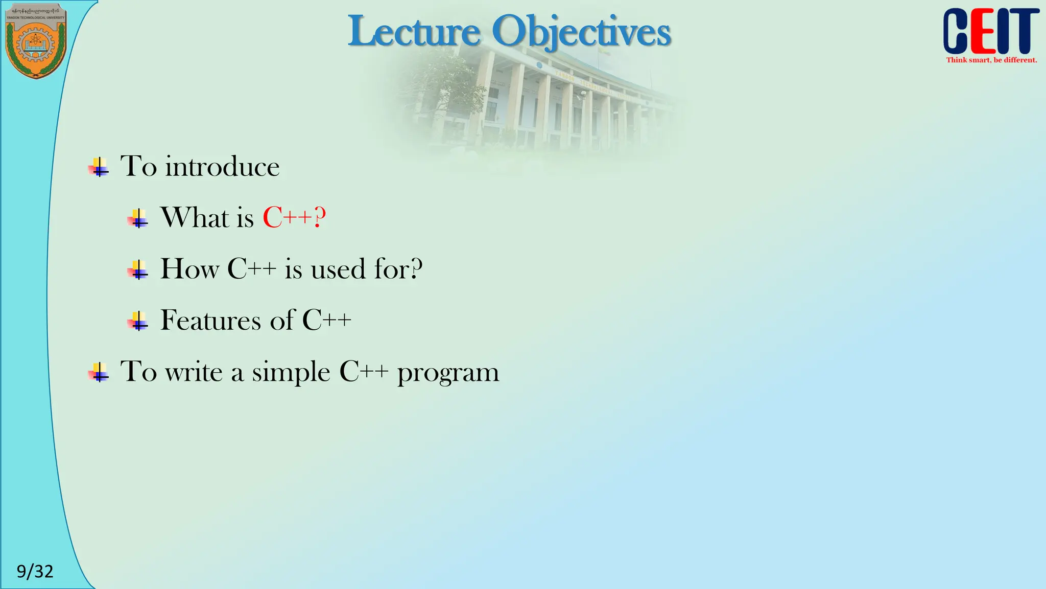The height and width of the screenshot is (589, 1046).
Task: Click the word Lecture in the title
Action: click(x=414, y=32)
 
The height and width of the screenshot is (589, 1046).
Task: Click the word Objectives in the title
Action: click(x=581, y=32)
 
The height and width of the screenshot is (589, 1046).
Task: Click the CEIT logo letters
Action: click(x=990, y=32)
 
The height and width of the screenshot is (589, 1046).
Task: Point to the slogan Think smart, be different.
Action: click(x=991, y=60)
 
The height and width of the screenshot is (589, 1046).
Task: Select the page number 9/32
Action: click(x=35, y=571)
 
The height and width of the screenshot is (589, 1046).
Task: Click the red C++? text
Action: click(x=294, y=218)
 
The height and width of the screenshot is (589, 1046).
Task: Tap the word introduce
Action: click(x=222, y=167)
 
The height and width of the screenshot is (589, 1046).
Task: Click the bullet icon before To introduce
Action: click(x=99, y=167)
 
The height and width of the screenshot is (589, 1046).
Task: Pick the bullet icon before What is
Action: click(x=138, y=218)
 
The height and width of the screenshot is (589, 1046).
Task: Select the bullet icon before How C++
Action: click(x=138, y=269)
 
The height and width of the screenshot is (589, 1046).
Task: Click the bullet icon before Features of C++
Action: click(x=138, y=321)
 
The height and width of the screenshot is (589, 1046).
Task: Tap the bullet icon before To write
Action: click(x=99, y=372)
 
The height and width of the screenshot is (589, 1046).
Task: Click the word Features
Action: click(x=211, y=321)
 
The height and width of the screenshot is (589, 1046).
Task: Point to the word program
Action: click(x=448, y=372)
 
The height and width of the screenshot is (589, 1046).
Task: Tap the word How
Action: click(x=189, y=269)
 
